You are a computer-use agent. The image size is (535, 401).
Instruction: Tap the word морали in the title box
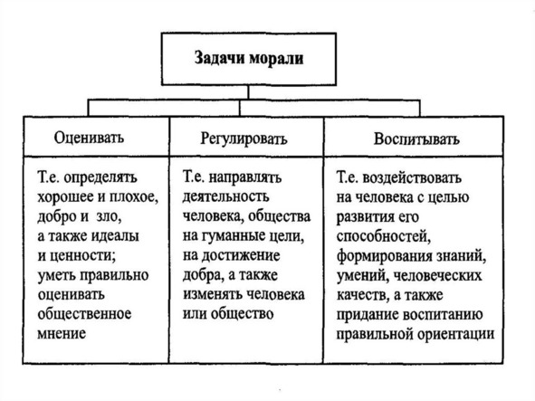pyautogui.click(x=276, y=58)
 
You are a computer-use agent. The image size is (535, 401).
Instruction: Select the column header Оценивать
pyautogui.click(x=89, y=138)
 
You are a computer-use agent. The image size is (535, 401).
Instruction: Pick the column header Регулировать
pyautogui.click(x=244, y=138)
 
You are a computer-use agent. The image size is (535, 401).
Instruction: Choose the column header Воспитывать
pyautogui.click(x=416, y=139)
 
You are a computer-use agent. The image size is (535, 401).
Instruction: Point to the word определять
pyautogui.click(x=100, y=178)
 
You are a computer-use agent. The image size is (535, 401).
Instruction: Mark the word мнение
pyautogui.click(x=62, y=333)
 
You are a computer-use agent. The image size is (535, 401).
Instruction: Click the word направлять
pyautogui.click(x=245, y=178)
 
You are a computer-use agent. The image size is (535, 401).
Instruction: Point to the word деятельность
pyautogui.click(x=226, y=197)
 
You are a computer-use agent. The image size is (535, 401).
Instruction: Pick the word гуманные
pyautogui.click(x=234, y=236)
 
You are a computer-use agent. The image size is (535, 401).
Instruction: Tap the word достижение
pyautogui.click(x=241, y=256)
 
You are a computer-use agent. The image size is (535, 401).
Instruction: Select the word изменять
pyautogui.click(x=213, y=294)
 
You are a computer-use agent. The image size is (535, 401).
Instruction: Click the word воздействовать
pyautogui.click(x=412, y=178)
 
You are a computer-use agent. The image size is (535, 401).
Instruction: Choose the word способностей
pyautogui.click(x=383, y=237)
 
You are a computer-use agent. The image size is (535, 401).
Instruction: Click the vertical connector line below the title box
pyautogui.click(x=248, y=92)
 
